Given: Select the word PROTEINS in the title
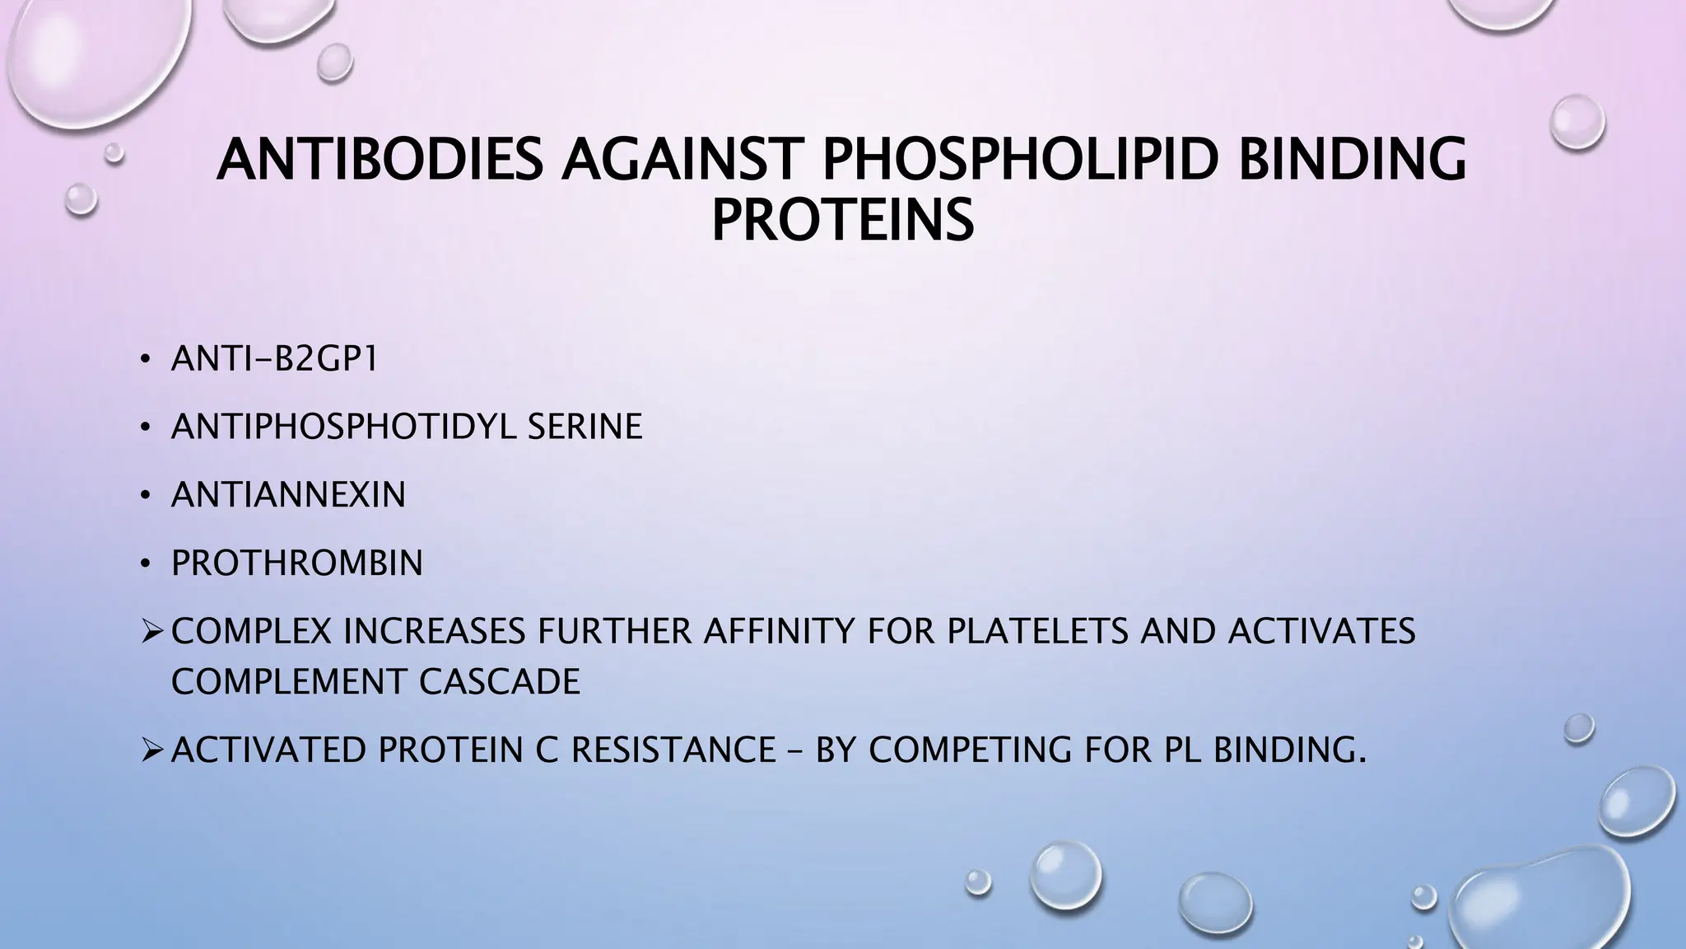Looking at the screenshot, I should pos(842,220).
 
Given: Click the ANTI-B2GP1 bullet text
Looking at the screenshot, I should pos(274,359).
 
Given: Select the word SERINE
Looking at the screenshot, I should pos(585,427).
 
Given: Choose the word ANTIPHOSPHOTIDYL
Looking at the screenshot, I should pos(344,427).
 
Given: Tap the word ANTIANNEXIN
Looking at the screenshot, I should pos(288,495).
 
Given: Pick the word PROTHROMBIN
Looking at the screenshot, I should pos(296,563).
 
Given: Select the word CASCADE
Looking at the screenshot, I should pos(499,682).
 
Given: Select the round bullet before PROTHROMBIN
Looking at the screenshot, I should pos(145,565).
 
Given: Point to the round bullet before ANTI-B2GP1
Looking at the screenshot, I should pos(145,361).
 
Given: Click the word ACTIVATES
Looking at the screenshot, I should pos(1321,632).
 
